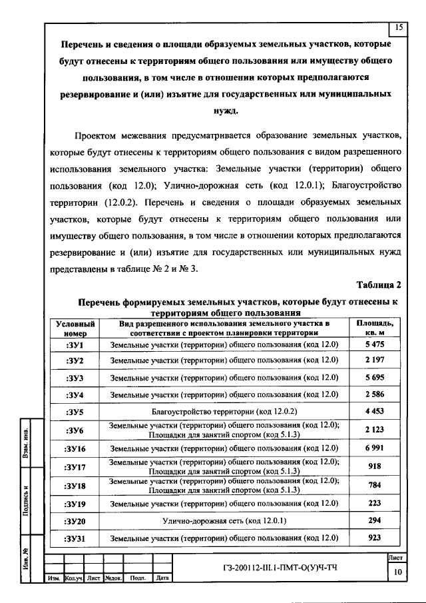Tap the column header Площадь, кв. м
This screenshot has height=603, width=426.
click(374, 327)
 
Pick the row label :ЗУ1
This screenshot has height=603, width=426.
click(75, 344)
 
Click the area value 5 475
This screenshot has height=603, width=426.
click(374, 344)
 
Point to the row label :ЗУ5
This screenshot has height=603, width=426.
click(75, 412)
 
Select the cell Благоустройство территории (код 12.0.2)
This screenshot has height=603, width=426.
click(224, 412)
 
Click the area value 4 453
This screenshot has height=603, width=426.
click(374, 412)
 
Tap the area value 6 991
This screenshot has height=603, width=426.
click(374, 448)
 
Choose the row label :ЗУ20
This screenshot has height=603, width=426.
click(75, 520)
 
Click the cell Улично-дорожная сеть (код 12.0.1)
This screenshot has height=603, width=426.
click(224, 520)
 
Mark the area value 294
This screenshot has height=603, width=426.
click(374, 520)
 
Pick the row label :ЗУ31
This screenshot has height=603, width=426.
click(75, 538)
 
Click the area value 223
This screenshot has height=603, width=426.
click(374, 503)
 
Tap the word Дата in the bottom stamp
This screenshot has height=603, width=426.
click(160, 579)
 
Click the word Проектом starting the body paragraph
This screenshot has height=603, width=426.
click(99, 137)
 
